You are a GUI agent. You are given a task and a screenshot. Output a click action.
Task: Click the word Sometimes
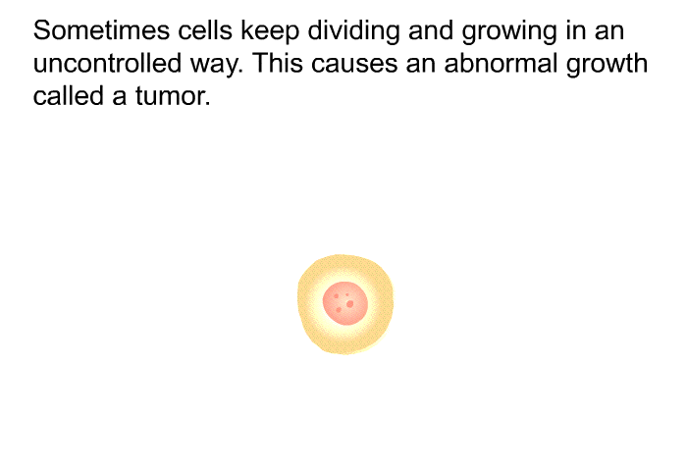(101, 30)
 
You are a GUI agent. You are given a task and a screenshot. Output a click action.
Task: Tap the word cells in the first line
(205, 30)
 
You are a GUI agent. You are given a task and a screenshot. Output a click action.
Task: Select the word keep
(270, 32)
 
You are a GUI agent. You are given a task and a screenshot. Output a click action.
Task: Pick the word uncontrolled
(107, 63)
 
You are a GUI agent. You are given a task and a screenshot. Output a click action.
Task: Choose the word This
(278, 63)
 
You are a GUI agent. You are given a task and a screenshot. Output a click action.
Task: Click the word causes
(354, 66)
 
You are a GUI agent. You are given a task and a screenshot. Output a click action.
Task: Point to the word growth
(607, 66)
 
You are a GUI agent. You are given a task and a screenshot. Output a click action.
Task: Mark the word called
(68, 95)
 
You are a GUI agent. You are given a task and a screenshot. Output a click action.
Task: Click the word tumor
(170, 96)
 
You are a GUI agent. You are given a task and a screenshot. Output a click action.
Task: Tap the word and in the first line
(431, 30)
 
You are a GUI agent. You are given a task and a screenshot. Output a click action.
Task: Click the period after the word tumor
(208, 104)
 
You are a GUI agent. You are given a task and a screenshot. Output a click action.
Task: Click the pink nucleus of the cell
(345, 303)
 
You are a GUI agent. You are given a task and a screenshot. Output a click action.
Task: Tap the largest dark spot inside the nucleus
(349, 304)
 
